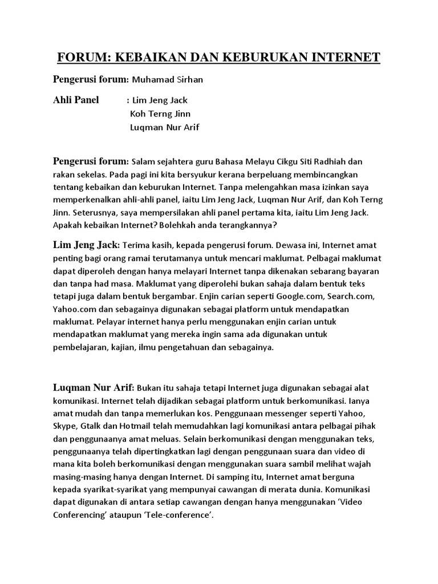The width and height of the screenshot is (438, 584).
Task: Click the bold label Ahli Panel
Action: click(x=76, y=100)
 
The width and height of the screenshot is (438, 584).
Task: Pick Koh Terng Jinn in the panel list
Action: click(x=160, y=113)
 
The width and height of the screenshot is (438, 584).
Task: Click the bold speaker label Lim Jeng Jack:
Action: click(x=87, y=245)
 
